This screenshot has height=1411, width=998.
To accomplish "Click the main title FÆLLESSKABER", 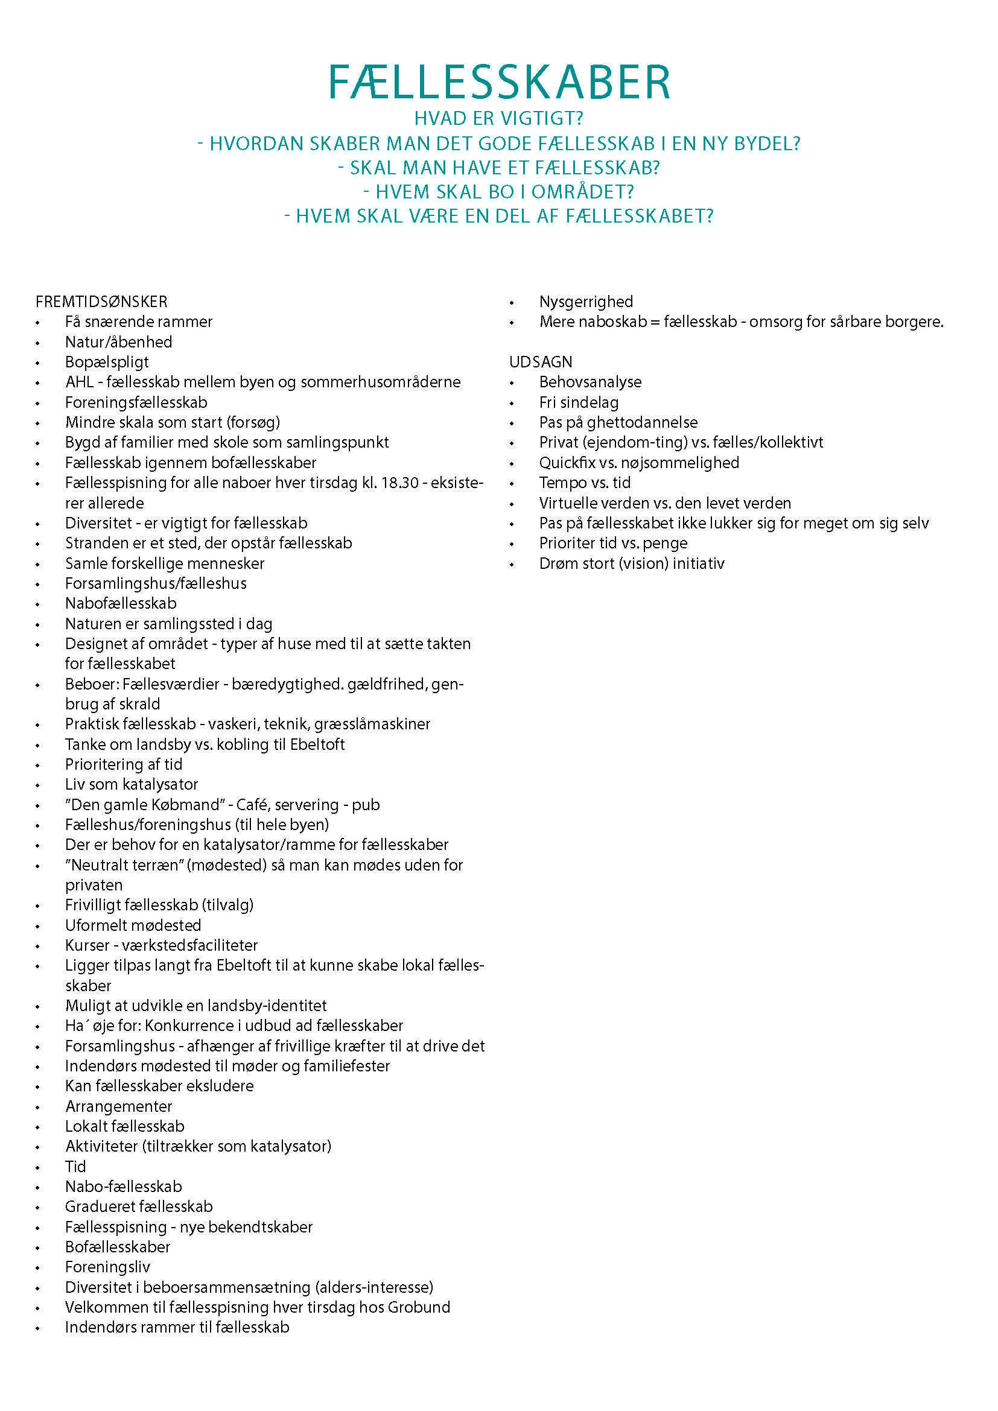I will tap(498, 83).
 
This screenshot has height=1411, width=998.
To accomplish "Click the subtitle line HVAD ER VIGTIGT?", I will tap(498, 118).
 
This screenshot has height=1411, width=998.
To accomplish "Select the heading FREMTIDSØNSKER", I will tap(101, 302).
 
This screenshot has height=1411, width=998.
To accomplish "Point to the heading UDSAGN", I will tap(540, 362).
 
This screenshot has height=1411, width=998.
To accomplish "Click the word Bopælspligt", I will tap(107, 362).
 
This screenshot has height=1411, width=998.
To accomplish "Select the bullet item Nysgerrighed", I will tap(586, 302).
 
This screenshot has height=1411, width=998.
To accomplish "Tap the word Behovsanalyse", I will tap(590, 382).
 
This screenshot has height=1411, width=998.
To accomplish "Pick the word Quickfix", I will tap(567, 463).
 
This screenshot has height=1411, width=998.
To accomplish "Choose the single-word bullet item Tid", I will tap(75, 1167).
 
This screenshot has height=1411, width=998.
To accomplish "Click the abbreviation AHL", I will tap(79, 382).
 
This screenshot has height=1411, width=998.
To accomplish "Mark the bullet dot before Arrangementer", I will tap(38, 1108).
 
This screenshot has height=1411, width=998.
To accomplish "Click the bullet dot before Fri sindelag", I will tap(512, 403).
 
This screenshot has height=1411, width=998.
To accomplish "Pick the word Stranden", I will tap(94, 544).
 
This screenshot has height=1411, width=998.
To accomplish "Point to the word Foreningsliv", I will tap(107, 1267).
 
